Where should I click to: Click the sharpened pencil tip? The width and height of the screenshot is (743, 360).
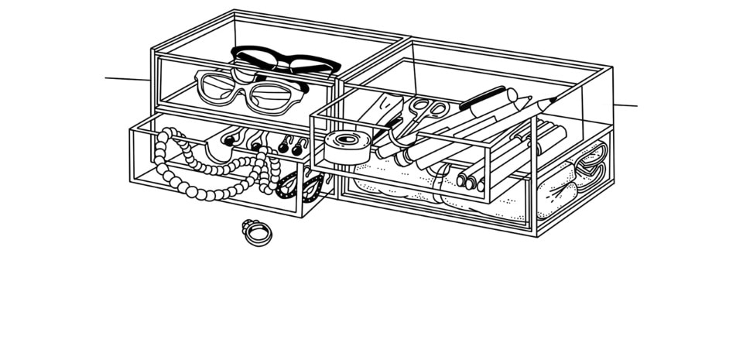552,100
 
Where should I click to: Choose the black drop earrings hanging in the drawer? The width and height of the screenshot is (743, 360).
288,145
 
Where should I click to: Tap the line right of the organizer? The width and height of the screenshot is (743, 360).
625,105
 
